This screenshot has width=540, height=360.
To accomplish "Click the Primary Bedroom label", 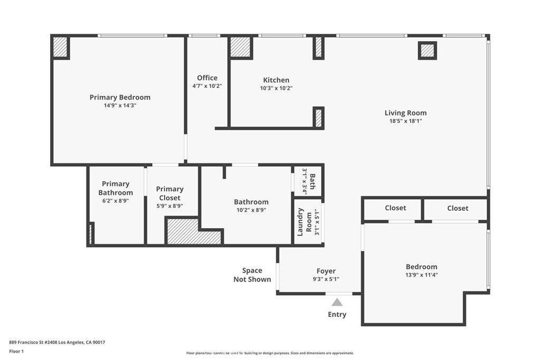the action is coord(120,98).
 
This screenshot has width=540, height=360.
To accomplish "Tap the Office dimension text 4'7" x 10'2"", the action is coord(207,86).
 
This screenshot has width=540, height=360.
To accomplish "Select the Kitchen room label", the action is coord(276,80).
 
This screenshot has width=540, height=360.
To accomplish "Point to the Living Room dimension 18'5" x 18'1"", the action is coord(406,121).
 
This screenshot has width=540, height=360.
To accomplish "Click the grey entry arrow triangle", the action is coord(337,302).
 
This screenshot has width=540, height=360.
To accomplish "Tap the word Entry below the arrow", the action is coord(337,315).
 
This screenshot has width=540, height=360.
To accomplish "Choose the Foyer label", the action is coord(326,271).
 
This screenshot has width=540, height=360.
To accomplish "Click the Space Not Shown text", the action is coord(252,275).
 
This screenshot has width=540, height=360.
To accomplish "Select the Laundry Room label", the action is coord(304,222).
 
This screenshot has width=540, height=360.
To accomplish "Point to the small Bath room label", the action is coord(312,181).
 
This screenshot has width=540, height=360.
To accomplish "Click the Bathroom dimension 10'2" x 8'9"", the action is coord(251,210).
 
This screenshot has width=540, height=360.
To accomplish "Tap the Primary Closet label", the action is coord(170,193).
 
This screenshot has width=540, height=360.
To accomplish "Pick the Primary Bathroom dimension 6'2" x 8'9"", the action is coord(115,201).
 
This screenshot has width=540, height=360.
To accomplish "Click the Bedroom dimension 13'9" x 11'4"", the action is coord(421,275).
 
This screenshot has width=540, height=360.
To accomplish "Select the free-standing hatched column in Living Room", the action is coord(427,51).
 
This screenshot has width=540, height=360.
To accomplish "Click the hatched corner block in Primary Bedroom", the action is coord(60,47).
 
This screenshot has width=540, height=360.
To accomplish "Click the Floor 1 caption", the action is coord(16,352).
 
